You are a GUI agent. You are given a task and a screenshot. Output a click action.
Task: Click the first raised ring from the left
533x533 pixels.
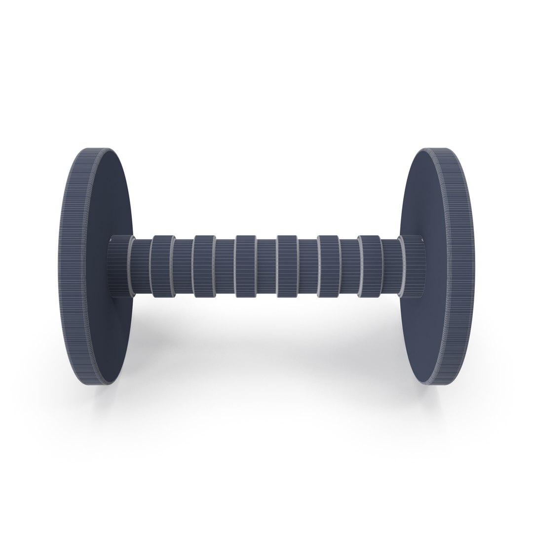(161, 266)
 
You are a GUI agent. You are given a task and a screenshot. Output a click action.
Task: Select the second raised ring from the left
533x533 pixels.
(203, 266)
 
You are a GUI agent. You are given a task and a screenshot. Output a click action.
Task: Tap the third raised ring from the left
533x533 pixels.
(245, 266)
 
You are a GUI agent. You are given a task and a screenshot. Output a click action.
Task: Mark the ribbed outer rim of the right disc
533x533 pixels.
(457, 266)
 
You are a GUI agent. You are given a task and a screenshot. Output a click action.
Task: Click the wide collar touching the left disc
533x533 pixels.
(118, 266)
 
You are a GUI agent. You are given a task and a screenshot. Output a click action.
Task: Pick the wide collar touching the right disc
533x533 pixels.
(414, 266)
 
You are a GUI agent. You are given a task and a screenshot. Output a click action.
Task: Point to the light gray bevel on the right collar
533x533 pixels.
(401, 266)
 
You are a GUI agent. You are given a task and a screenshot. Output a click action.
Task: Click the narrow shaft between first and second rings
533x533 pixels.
(183, 266)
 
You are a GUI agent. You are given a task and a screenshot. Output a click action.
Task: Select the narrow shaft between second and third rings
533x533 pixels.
(225, 266)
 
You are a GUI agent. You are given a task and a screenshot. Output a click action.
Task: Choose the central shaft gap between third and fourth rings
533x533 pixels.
(266, 266)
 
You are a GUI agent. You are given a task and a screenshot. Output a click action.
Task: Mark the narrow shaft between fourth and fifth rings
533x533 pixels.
(308, 266)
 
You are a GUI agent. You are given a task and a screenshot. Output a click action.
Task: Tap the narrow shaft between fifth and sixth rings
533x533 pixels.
(349, 266)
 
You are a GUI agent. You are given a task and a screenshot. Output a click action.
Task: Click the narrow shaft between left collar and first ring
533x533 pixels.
(142, 266)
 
